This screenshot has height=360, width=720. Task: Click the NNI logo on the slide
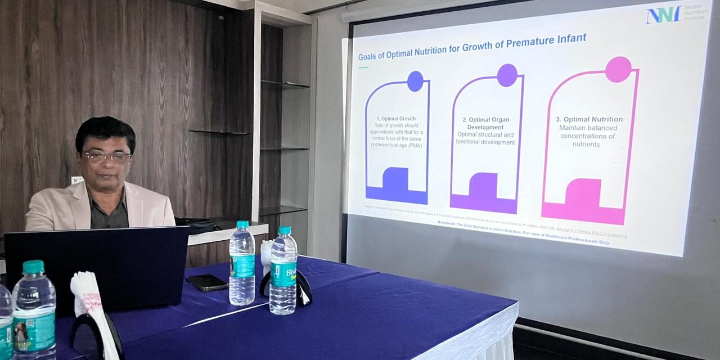(x=663, y=14)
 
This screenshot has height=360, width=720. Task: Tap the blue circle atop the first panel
(x=415, y=81)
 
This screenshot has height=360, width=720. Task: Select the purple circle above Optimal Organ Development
(x=507, y=75)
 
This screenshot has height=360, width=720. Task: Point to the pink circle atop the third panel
(x=618, y=69)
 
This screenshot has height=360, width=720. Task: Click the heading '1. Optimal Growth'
(x=396, y=119)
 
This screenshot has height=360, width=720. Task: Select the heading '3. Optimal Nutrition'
(x=589, y=119)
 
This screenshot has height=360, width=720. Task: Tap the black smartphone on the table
(x=206, y=282)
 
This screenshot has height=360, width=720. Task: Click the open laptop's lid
(x=96, y=264)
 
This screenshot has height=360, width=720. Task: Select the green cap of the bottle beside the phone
(x=242, y=224)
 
